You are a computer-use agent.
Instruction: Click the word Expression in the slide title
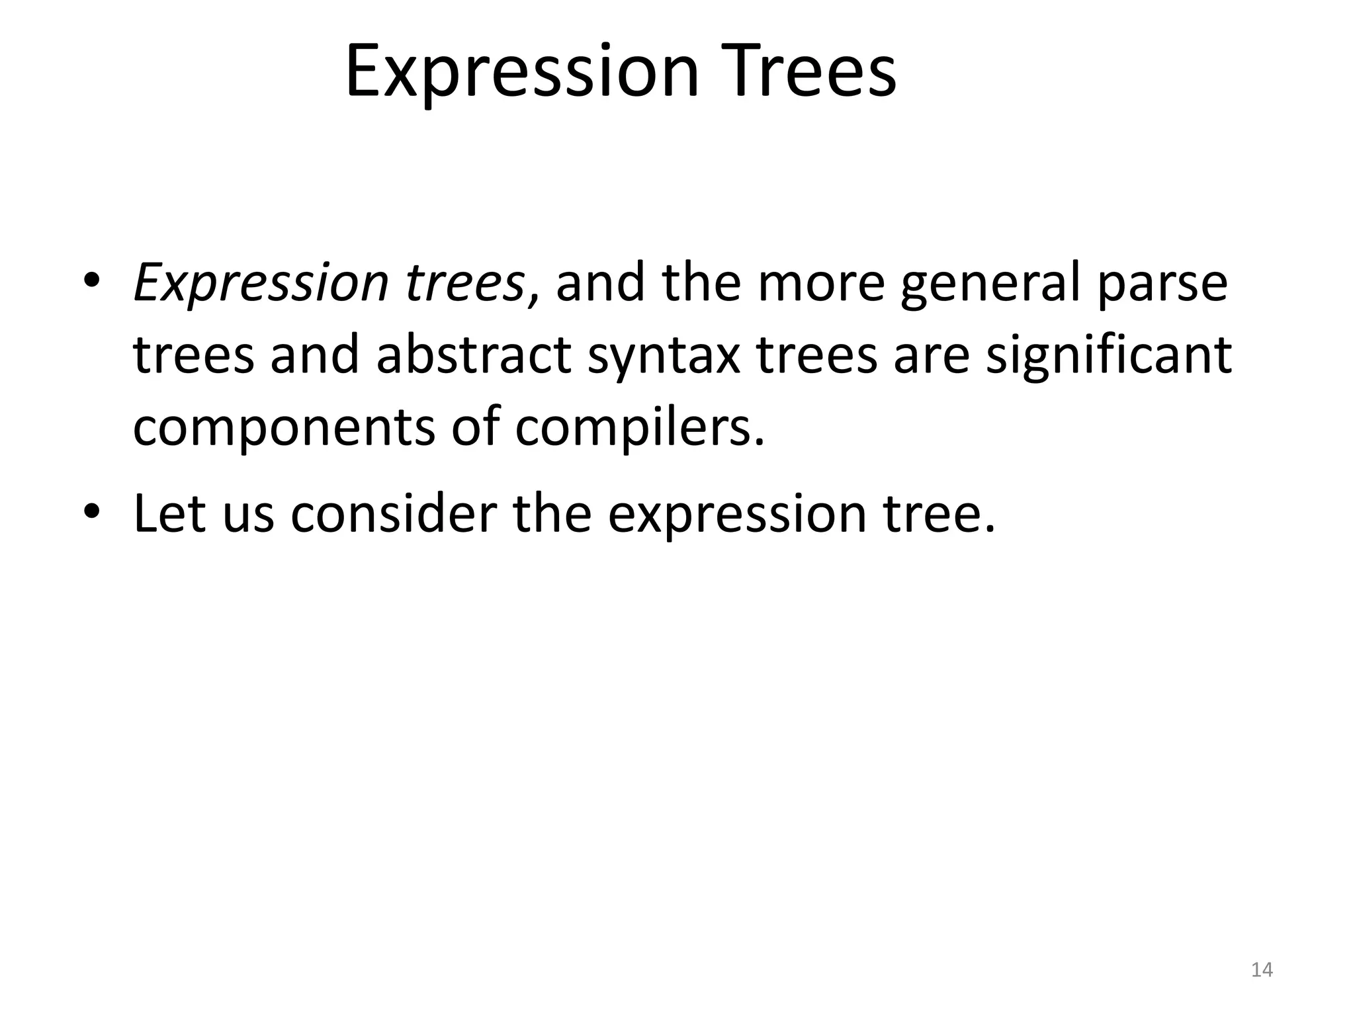tap(522, 71)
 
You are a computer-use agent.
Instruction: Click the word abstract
tap(473, 355)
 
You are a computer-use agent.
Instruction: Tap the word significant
tap(1110, 355)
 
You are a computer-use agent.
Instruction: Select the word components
tap(284, 429)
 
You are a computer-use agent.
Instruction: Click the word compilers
tap(638, 429)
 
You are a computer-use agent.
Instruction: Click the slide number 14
tap(1262, 970)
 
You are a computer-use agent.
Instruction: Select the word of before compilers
tap(474, 427)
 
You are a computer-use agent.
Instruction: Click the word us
tap(248, 515)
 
